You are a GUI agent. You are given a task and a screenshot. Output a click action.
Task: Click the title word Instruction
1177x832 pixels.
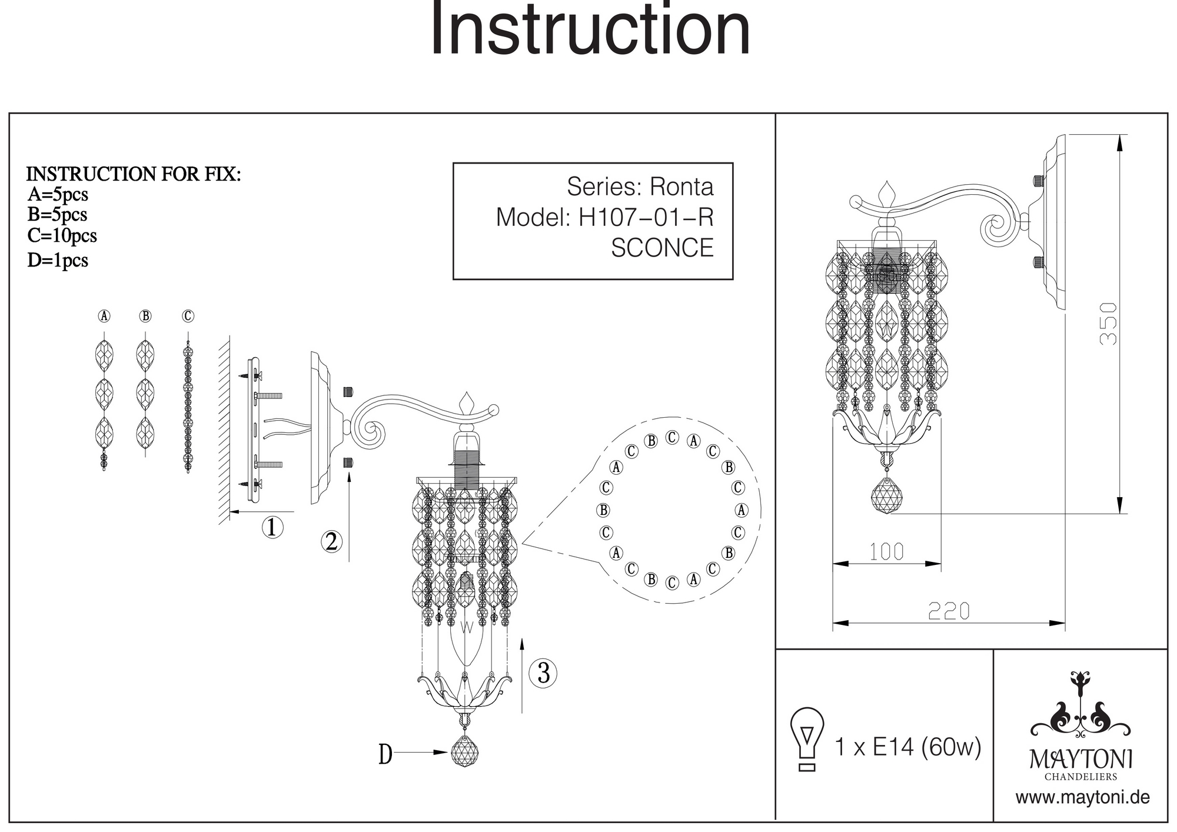[590, 29]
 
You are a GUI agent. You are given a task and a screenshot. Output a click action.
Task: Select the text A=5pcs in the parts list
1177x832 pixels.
[58, 194]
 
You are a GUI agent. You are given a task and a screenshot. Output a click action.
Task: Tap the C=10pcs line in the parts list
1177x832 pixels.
[62, 235]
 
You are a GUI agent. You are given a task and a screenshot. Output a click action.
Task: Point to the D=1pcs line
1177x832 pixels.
[58, 260]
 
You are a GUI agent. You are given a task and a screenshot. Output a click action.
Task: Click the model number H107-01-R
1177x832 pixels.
[646, 217]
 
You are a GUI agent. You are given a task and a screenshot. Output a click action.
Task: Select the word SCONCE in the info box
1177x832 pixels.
[662, 248]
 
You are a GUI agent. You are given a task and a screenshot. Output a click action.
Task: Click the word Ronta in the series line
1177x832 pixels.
[681, 187]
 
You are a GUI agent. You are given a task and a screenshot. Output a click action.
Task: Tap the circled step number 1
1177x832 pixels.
[272, 527]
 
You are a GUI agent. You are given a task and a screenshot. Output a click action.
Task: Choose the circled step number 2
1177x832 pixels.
[331, 541]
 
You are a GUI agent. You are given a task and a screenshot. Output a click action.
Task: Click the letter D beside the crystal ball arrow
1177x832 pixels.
[385, 754]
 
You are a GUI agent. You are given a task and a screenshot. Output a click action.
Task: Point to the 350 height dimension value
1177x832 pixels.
[1108, 324]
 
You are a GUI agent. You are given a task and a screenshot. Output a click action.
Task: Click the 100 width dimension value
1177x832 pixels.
[887, 551]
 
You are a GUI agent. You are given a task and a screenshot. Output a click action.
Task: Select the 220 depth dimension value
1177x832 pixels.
[949, 611]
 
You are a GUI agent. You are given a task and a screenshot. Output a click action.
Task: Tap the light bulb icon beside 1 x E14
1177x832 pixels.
[807, 739]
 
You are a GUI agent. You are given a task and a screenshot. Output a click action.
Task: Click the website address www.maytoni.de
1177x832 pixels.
[1082, 797]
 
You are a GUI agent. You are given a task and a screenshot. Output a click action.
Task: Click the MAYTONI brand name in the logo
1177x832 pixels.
[1081, 759]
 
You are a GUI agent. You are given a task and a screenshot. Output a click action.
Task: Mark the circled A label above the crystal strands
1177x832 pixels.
[104, 316]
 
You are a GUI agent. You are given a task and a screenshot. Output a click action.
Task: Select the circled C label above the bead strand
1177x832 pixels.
[188, 316]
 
